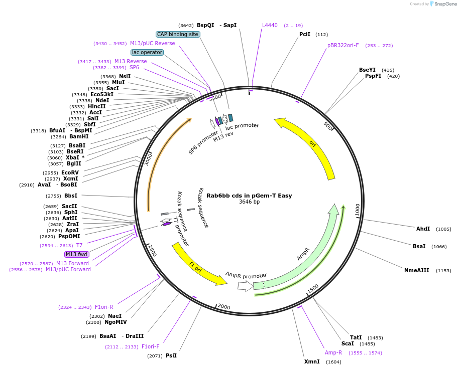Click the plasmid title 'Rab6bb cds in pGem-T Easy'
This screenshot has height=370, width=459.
(249, 196)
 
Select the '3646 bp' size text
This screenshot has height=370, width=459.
(249, 202)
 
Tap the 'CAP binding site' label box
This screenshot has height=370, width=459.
(178, 34)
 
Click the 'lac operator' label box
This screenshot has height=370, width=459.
(147, 52)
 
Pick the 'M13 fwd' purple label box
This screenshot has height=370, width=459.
(77, 254)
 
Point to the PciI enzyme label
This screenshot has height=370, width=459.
(305, 34)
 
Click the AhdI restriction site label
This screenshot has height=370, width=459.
(423, 229)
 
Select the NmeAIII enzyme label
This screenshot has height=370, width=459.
(417, 270)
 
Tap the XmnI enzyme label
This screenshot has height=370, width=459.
(312, 361)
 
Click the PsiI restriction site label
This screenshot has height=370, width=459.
(171, 355)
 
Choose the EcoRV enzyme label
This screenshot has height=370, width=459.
(70, 172)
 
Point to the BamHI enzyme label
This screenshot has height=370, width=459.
(79, 136)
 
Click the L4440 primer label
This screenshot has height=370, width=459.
(270, 25)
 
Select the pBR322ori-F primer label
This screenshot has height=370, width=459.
(343, 45)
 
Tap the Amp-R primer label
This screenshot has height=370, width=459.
(333, 352)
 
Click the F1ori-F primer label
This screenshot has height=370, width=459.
(150, 346)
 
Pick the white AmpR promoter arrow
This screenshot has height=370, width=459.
(245, 286)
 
